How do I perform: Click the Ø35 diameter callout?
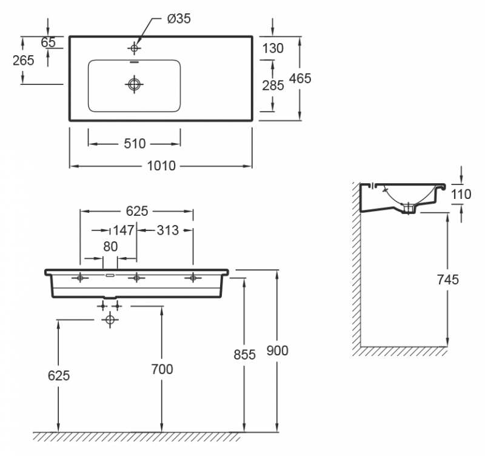(x=179, y=19)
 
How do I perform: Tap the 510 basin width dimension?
(x=135, y=144)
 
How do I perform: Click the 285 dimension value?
(x=273, y=85)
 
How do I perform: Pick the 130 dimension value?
(x=273, y=48)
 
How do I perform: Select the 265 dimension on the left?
(x=23, y=60)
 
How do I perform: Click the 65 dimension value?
(x=48, y=42)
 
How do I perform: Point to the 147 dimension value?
(x=123, y=230)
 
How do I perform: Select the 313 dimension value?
(x=167, y=230)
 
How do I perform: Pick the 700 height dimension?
(x=162, y=369)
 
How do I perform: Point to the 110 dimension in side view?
(x=462, y=194)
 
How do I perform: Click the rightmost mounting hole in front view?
(x=193, y=278)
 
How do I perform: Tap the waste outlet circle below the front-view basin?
(x=110, y=319)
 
